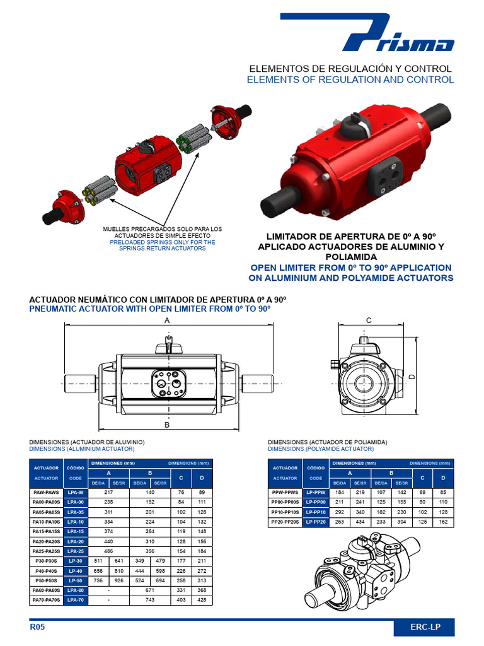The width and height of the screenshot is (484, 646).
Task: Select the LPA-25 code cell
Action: point(76,551)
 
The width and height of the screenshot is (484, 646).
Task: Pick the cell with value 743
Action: point(150,600)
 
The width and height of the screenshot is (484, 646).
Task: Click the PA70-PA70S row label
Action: point(45,600)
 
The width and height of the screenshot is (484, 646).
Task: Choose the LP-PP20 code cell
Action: point(316,522)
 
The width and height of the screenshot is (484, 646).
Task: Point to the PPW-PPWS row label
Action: point(285,492)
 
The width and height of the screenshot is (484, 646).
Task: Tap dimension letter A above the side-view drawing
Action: point(168,320)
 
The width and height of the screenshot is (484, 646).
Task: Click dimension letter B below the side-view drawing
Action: point(167,425)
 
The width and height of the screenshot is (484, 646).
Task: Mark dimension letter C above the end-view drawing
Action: point(369,320)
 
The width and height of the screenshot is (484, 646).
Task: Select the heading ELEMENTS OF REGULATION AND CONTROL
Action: point(350,80)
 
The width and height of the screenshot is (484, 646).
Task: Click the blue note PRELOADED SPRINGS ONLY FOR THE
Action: point(163,242)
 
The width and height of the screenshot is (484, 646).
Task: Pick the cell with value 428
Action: point(202,600)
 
